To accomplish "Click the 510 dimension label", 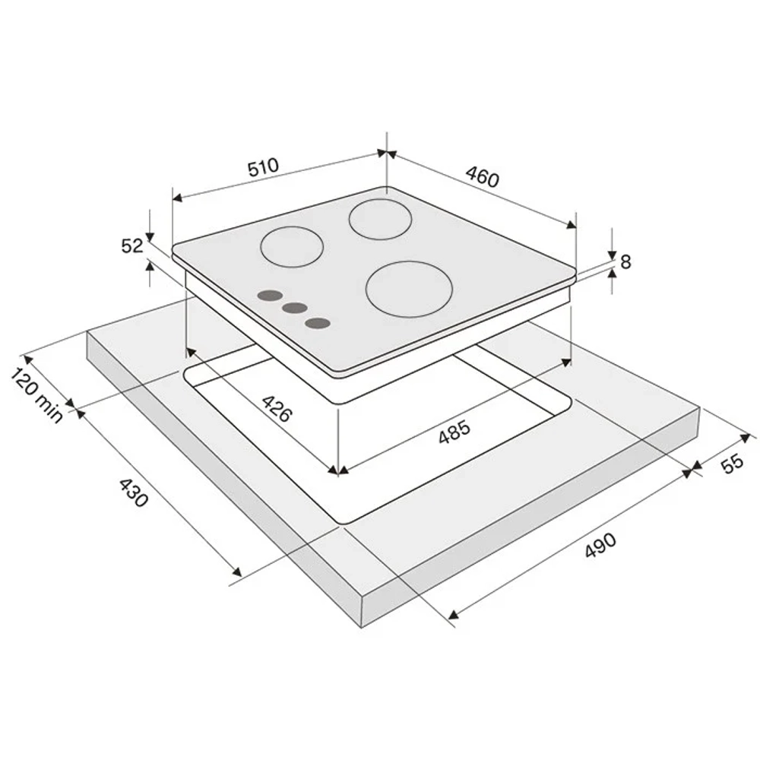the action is (264, 166).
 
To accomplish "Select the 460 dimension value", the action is (483, 176).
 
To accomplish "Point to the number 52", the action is (131, 246).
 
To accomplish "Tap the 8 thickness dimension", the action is (625, 261).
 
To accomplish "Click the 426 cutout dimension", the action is (277, 409).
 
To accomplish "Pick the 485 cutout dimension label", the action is (454, 432).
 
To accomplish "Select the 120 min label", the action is (36, 395).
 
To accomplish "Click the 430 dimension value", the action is (133, 492).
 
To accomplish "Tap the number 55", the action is (732, 463).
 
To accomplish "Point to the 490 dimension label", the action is (600, 545).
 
